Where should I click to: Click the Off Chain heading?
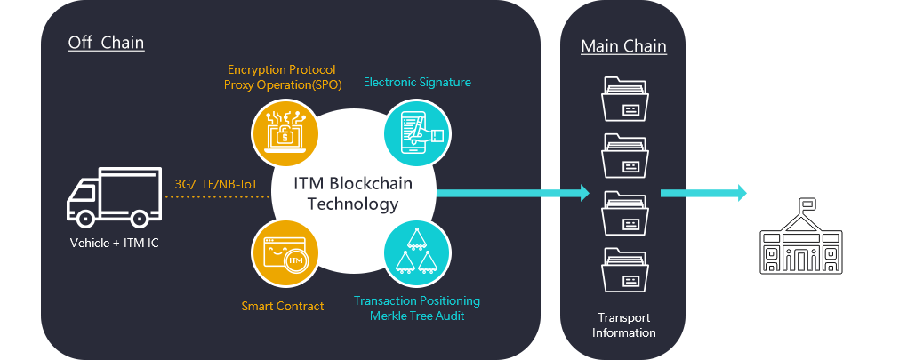[x=106, y=43]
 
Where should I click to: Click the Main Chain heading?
[x=623, y=46]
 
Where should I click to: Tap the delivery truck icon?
[x=109, y=200]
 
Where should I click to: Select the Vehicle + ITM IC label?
[x=109, y=243]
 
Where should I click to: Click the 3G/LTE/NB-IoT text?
[x=216, y=184]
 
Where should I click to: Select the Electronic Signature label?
[x=417, y=83]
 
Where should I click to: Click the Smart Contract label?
[x=283, y=306]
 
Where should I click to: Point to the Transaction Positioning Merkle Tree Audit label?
[x=417, y=308]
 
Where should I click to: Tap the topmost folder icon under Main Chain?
[x=623, y=99]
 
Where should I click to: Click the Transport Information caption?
[x=623, y=325]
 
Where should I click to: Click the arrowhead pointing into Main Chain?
[x=582, y=193]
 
